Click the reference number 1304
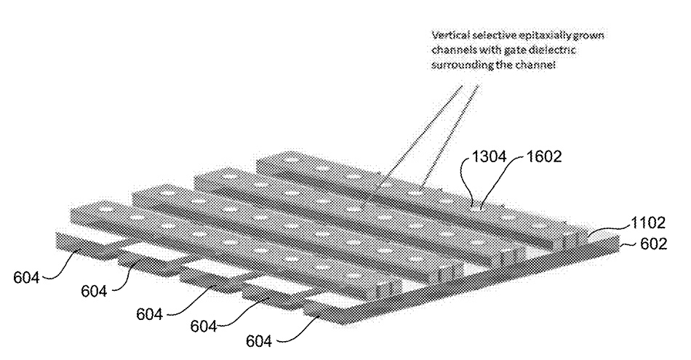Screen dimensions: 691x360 pos(490,156)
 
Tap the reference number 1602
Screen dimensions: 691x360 pos(544,156)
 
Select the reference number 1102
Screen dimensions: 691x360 pos(648,223)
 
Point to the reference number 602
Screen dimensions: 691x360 pos(654,244)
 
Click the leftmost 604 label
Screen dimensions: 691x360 pos(26,278)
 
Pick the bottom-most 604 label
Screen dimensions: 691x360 pos(259,341)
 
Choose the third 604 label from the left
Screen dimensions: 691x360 pos(149,314)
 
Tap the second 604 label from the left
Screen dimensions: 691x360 pos(94,291)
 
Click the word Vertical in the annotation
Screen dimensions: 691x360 pos(444,35)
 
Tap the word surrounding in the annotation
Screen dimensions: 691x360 pos(457,65)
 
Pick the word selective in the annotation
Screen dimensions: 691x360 pos(482,35)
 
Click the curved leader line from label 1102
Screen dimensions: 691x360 pos(608,228)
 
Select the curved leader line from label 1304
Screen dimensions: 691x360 pos(466,180)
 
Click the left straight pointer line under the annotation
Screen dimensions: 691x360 pos(423,135)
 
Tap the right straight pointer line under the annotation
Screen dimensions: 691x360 pos(450,135)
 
